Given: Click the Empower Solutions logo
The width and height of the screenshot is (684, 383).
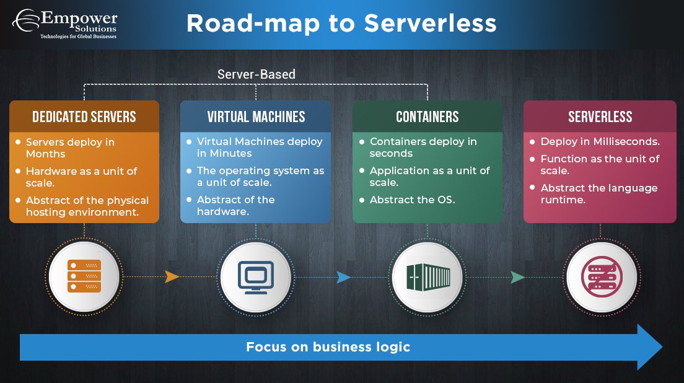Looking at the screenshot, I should tap(64, 24).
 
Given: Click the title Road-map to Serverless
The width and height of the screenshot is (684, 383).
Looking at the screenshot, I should tap(341, 24).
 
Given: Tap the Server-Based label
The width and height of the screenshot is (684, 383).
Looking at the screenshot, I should tap(256, 74).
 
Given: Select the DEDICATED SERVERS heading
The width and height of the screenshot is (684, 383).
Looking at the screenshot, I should tap(84, 117).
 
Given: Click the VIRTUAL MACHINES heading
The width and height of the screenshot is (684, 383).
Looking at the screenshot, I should tap(256, 117).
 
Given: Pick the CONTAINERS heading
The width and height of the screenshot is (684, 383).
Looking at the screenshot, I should tap(427, 117).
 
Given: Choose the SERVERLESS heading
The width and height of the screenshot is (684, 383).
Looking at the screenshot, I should tap(600, 117).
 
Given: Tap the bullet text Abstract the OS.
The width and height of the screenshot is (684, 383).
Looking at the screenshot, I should tap(412, 200).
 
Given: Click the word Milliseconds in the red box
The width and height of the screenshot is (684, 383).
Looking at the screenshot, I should tap(627, 141).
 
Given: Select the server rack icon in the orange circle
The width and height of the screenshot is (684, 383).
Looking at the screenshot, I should tap(84, 276).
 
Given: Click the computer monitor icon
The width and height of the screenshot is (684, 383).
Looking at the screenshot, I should tap(256, 276).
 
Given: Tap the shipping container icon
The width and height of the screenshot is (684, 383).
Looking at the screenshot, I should tap(427, 276).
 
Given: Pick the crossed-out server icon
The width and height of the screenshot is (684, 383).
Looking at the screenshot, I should tap(600, 276).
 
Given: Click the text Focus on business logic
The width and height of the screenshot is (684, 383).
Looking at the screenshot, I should tap(328, 346).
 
